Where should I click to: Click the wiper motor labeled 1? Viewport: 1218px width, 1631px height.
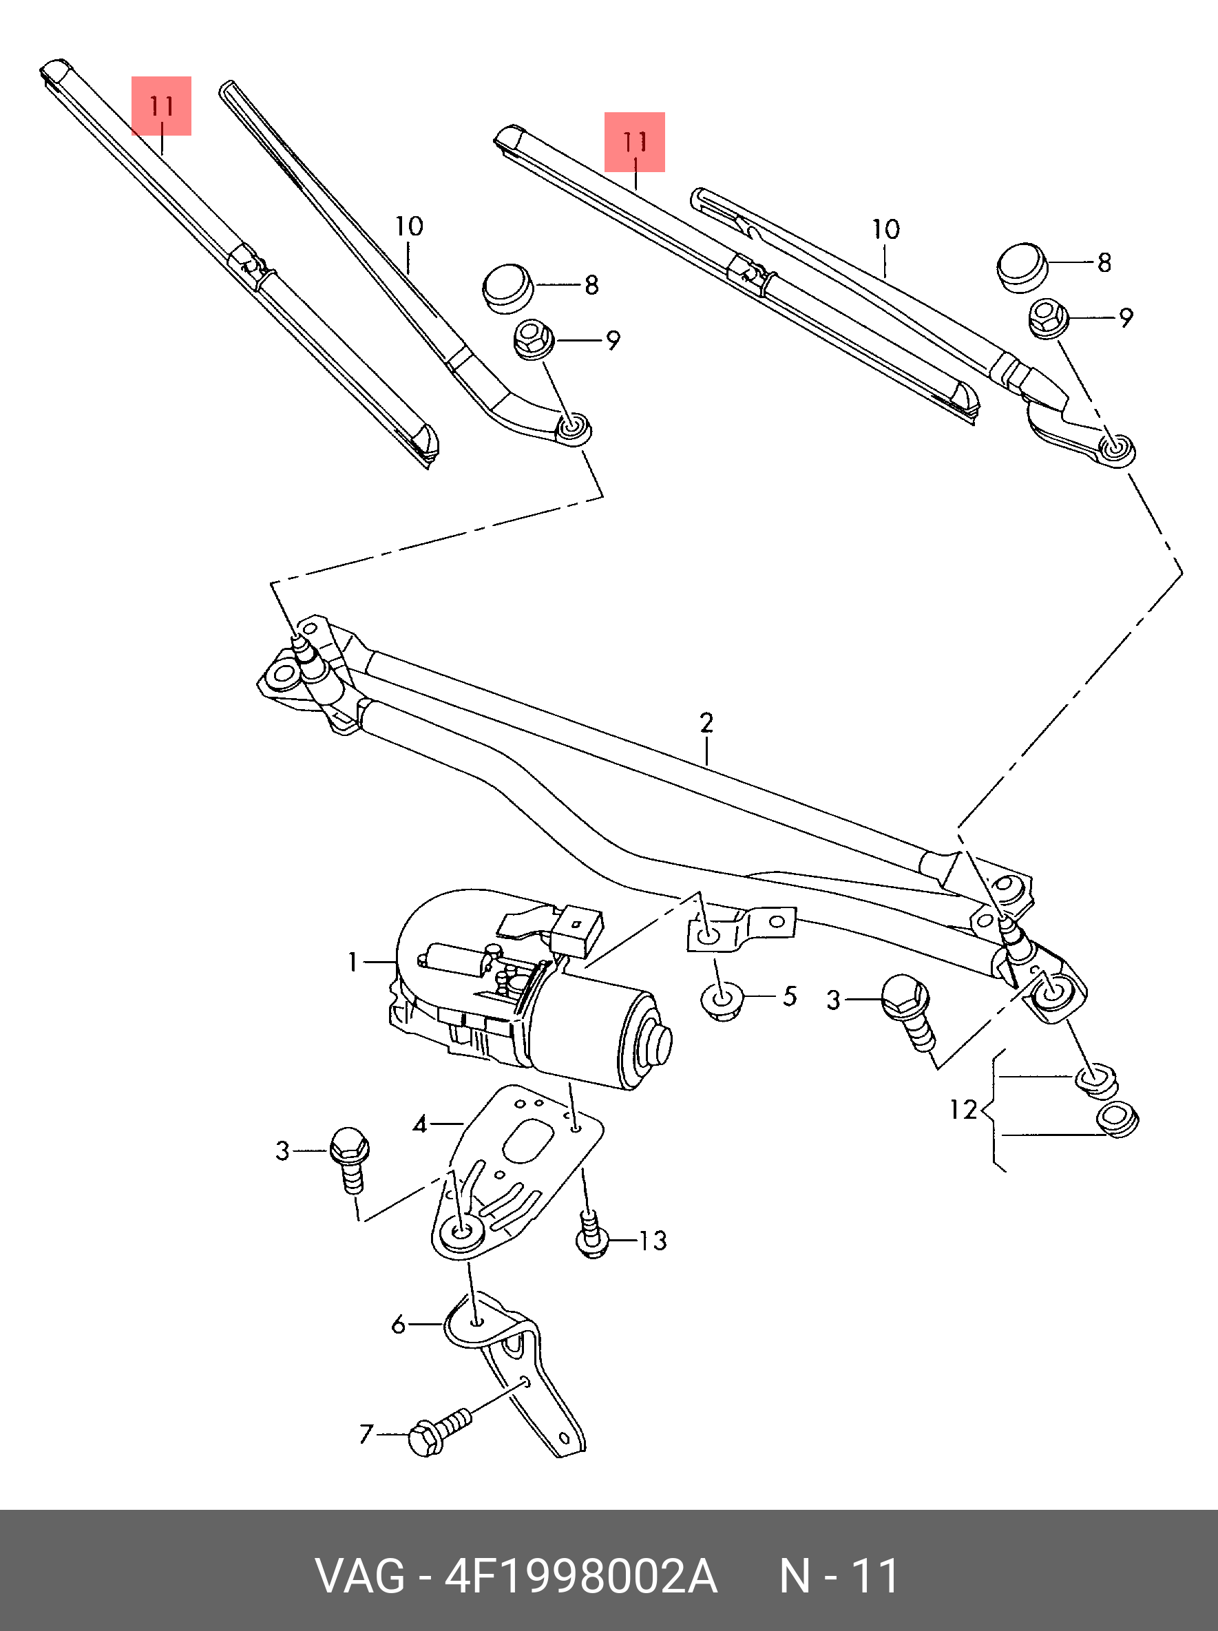tap(531, 988)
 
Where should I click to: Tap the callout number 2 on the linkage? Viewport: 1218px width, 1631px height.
tap(706, 723)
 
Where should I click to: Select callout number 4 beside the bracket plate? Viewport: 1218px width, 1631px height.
tap(419, 1124)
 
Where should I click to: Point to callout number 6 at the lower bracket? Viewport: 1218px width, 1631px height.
tap(399, 1325)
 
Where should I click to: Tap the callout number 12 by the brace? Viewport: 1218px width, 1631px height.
tap(962, 1109)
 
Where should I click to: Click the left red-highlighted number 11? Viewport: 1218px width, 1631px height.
tap(162, 106)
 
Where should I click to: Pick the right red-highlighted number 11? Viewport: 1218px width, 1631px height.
tap(635, 142)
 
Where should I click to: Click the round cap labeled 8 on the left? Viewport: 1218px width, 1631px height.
tap(508, 289)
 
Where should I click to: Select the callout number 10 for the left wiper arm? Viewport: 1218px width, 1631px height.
tap(408, 227)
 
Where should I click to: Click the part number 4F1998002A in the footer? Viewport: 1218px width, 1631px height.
tap(580, 1577)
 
